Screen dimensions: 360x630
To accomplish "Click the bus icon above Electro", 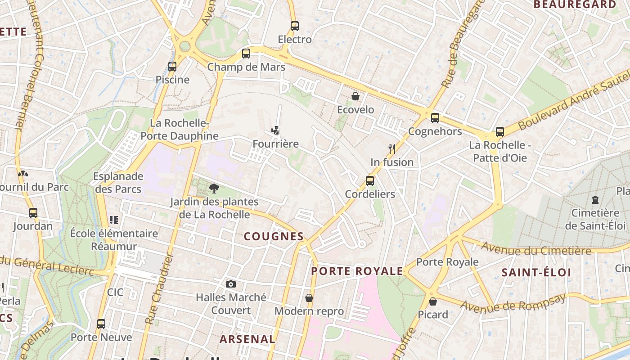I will [295, 26].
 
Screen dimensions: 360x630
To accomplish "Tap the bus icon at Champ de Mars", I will [246, 54].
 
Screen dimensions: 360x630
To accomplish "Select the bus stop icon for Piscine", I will [172, 67].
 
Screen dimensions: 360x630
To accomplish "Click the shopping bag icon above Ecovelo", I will [355, 96].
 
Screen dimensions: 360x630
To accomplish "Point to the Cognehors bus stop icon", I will [435, 118].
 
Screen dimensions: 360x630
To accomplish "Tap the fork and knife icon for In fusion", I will [392, 149].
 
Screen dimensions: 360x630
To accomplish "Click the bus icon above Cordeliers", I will [370, 181].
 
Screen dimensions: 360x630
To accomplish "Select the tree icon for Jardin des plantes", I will [214, 189].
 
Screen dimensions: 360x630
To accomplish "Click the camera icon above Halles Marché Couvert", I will [231, 284].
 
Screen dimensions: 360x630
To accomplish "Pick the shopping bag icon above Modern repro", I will [309, 298].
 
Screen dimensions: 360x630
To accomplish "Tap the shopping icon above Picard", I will [433, 301].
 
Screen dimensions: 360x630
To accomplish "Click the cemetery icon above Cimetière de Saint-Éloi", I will [595, 199].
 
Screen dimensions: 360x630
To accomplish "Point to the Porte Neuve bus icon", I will [101, 324].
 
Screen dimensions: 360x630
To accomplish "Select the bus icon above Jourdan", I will [33, 212].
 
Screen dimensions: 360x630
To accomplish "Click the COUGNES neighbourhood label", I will [274, 236].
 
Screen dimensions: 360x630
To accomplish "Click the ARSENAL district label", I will [247, 339].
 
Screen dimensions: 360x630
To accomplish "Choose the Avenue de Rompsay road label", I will [513, 302].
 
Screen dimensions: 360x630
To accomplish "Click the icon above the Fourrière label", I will [275, 131].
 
